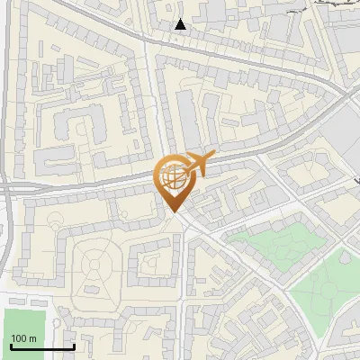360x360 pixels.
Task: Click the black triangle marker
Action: pos(181,24)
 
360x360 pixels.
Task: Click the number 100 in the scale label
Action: pos(18,337)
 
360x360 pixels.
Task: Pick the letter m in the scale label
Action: pos(32,337)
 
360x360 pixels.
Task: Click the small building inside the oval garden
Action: pos(94,290)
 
